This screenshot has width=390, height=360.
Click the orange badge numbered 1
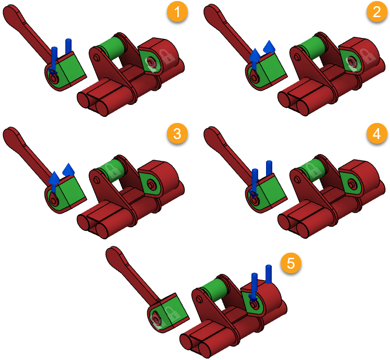click(x=177, y=12)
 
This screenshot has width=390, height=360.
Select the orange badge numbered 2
click(x=377, y=12)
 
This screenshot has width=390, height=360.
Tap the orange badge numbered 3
click(x=177, y=134)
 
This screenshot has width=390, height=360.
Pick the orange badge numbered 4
click(x=377, y=134)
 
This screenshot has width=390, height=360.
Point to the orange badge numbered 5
click(x=291, y=263)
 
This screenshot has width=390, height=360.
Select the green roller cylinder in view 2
click(x=312, y=47)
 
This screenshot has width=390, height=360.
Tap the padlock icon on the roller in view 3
click(x=110, y=169)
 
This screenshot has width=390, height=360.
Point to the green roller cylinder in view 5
click(x=214, y=289)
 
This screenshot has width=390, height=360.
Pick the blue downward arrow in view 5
click(x=254, y=287)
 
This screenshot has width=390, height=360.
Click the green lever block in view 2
click(x=272, y=69)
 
